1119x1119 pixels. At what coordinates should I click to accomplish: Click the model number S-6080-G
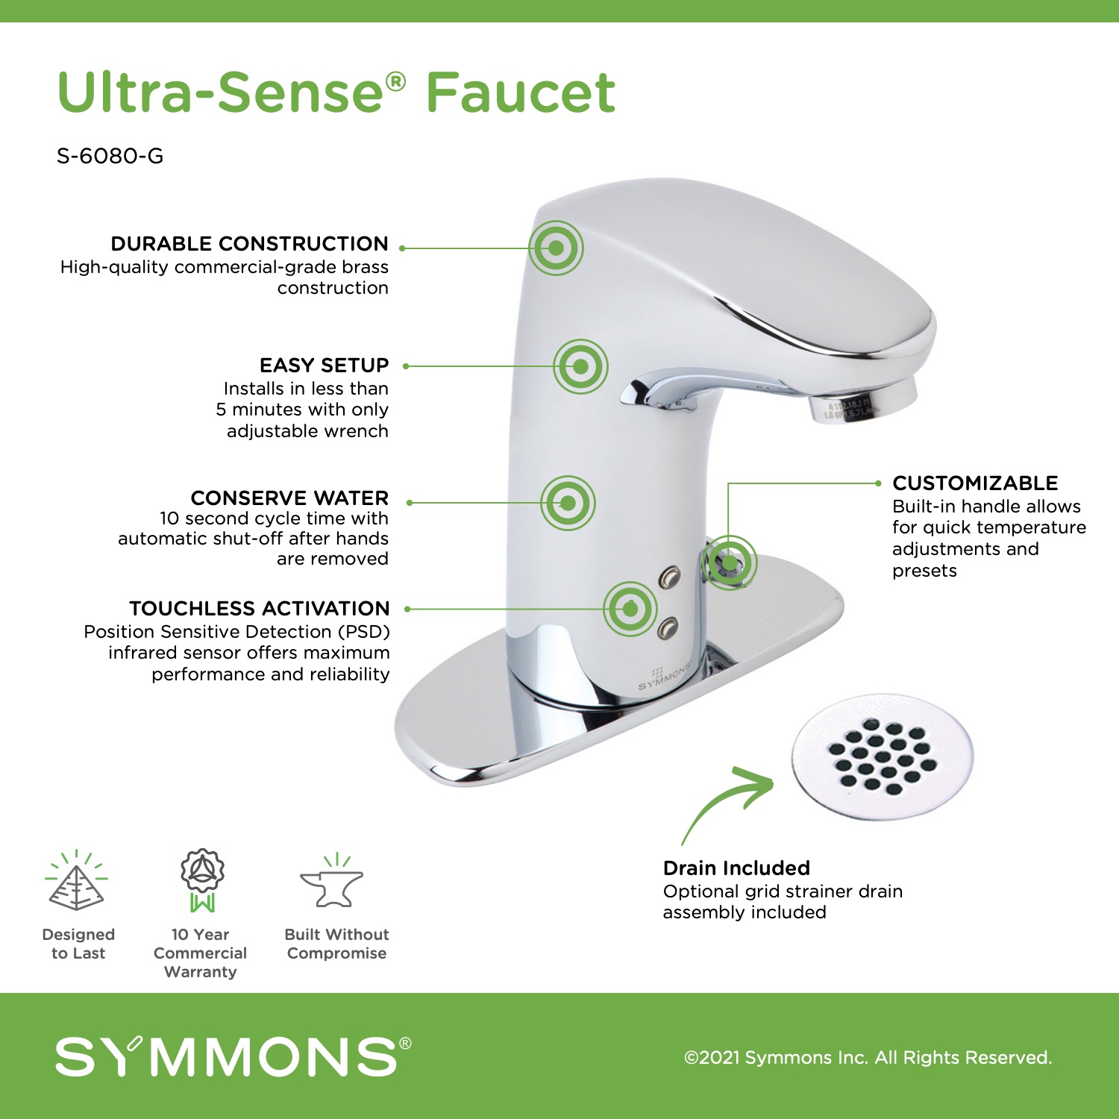[110, 156]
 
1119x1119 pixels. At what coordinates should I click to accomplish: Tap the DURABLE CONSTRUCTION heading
[249, 244]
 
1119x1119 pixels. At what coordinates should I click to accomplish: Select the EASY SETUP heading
[324, 366]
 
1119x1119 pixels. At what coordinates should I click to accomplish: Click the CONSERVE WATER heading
[289, 498]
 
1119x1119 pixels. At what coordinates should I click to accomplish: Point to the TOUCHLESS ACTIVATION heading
[259, 608]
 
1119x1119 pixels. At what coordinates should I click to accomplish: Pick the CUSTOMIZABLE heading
[975, 483]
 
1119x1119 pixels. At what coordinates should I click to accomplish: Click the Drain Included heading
[736, 868]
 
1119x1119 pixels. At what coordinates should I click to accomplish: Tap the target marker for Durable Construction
[556, 248]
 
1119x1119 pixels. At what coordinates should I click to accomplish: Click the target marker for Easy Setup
[580, 366]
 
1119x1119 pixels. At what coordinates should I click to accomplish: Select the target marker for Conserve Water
[568, 503]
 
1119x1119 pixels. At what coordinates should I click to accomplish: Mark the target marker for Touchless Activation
[630, 609]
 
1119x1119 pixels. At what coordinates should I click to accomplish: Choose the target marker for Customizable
[729, 562]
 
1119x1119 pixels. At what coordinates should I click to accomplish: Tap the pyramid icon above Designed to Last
[76, 881]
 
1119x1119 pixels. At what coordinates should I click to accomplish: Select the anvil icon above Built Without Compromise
[332, 881]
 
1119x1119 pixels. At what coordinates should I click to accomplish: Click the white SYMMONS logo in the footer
[233, 1056]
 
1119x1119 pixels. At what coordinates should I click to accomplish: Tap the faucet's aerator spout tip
[862, 401]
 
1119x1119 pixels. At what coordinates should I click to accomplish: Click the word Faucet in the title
[521, 93]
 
